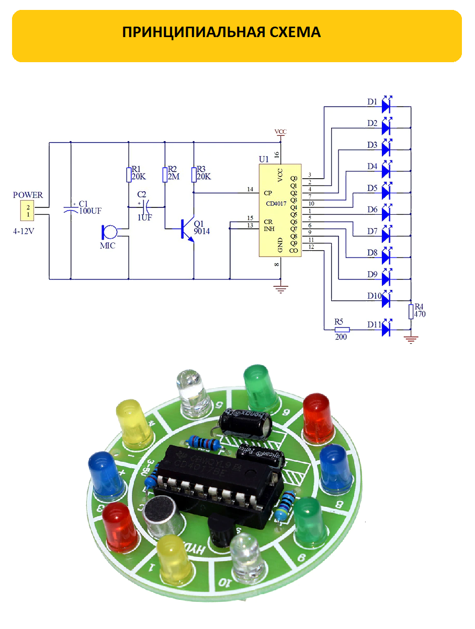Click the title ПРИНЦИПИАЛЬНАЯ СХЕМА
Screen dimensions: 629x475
click(221, 32)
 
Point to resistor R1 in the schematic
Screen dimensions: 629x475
click(128, 174)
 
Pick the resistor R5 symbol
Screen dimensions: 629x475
click(342, 330)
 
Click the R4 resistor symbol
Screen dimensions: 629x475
click(411, 311)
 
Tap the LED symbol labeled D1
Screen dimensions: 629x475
click(387, 107)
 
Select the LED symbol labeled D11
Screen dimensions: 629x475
click(387, 330)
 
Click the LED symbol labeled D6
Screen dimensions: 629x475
click(387, 213)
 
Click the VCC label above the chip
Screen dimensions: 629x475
click(281, 132)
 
